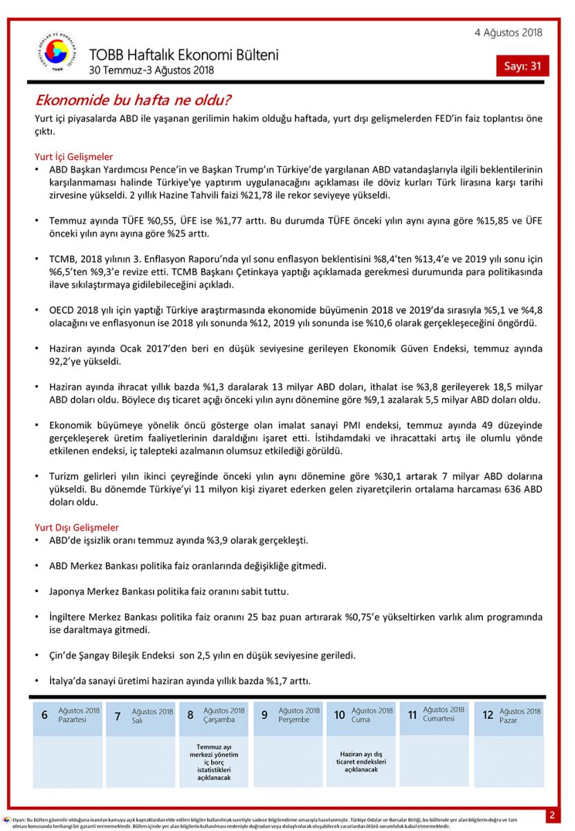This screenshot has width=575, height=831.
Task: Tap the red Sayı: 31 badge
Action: click(x=522, y=66)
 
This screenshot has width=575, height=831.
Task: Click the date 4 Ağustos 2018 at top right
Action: click(x=508, y=33)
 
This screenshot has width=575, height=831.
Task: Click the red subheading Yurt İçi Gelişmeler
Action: click(x=73, y=157)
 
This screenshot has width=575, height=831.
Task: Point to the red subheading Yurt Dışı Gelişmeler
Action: click(x=76, y=528)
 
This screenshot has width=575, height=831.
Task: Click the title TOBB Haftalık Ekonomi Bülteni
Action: click(x=183, y=55)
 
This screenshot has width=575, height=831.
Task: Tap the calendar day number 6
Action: click(x=44, y=715)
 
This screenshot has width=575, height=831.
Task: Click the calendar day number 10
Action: click(x=339, y=715)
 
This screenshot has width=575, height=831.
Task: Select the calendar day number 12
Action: click(x=488, y=715)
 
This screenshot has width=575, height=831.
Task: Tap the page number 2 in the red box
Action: click(x=552, y=815)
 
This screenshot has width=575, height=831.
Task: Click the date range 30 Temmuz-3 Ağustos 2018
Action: click(x=152, y=70)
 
